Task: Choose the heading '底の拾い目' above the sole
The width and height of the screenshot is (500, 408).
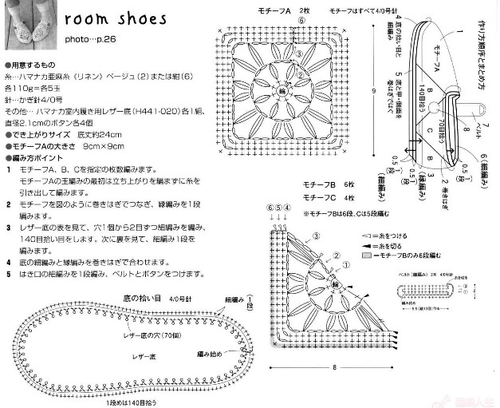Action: (x=141, y=297)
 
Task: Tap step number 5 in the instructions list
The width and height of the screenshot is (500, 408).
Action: (x=8, y=273)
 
